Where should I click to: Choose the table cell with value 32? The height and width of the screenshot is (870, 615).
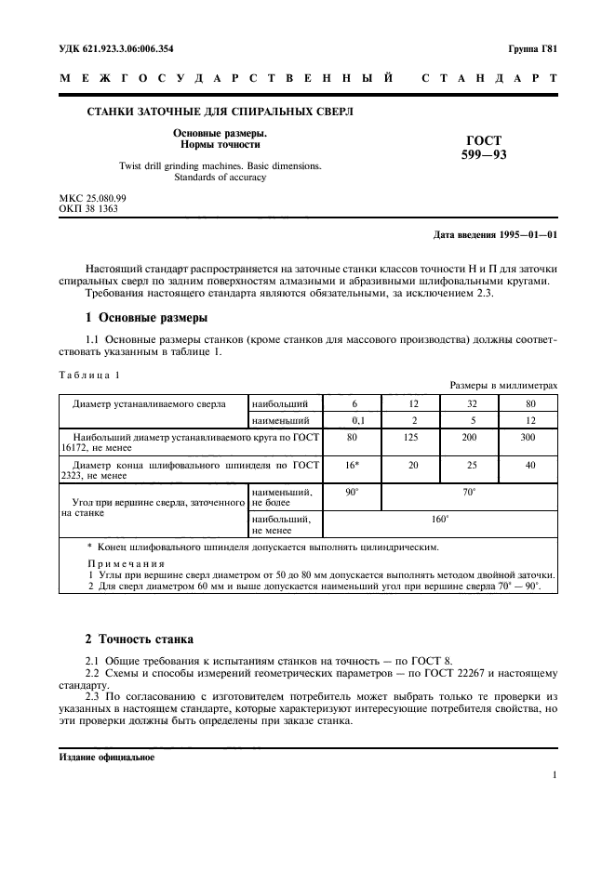(471, 402)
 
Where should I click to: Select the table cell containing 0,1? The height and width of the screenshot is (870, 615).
(353, 420)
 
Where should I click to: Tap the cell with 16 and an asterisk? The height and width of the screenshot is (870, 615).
(353, 465)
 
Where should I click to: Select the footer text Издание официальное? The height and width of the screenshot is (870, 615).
(100, 757)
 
